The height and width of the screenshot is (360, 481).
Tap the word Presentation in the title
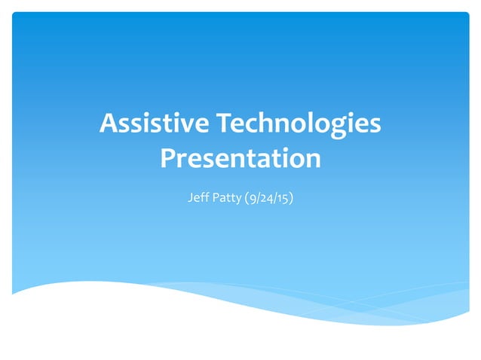click(x=240, y=158)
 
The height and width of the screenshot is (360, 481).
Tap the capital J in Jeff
click(x=188, y=199)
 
